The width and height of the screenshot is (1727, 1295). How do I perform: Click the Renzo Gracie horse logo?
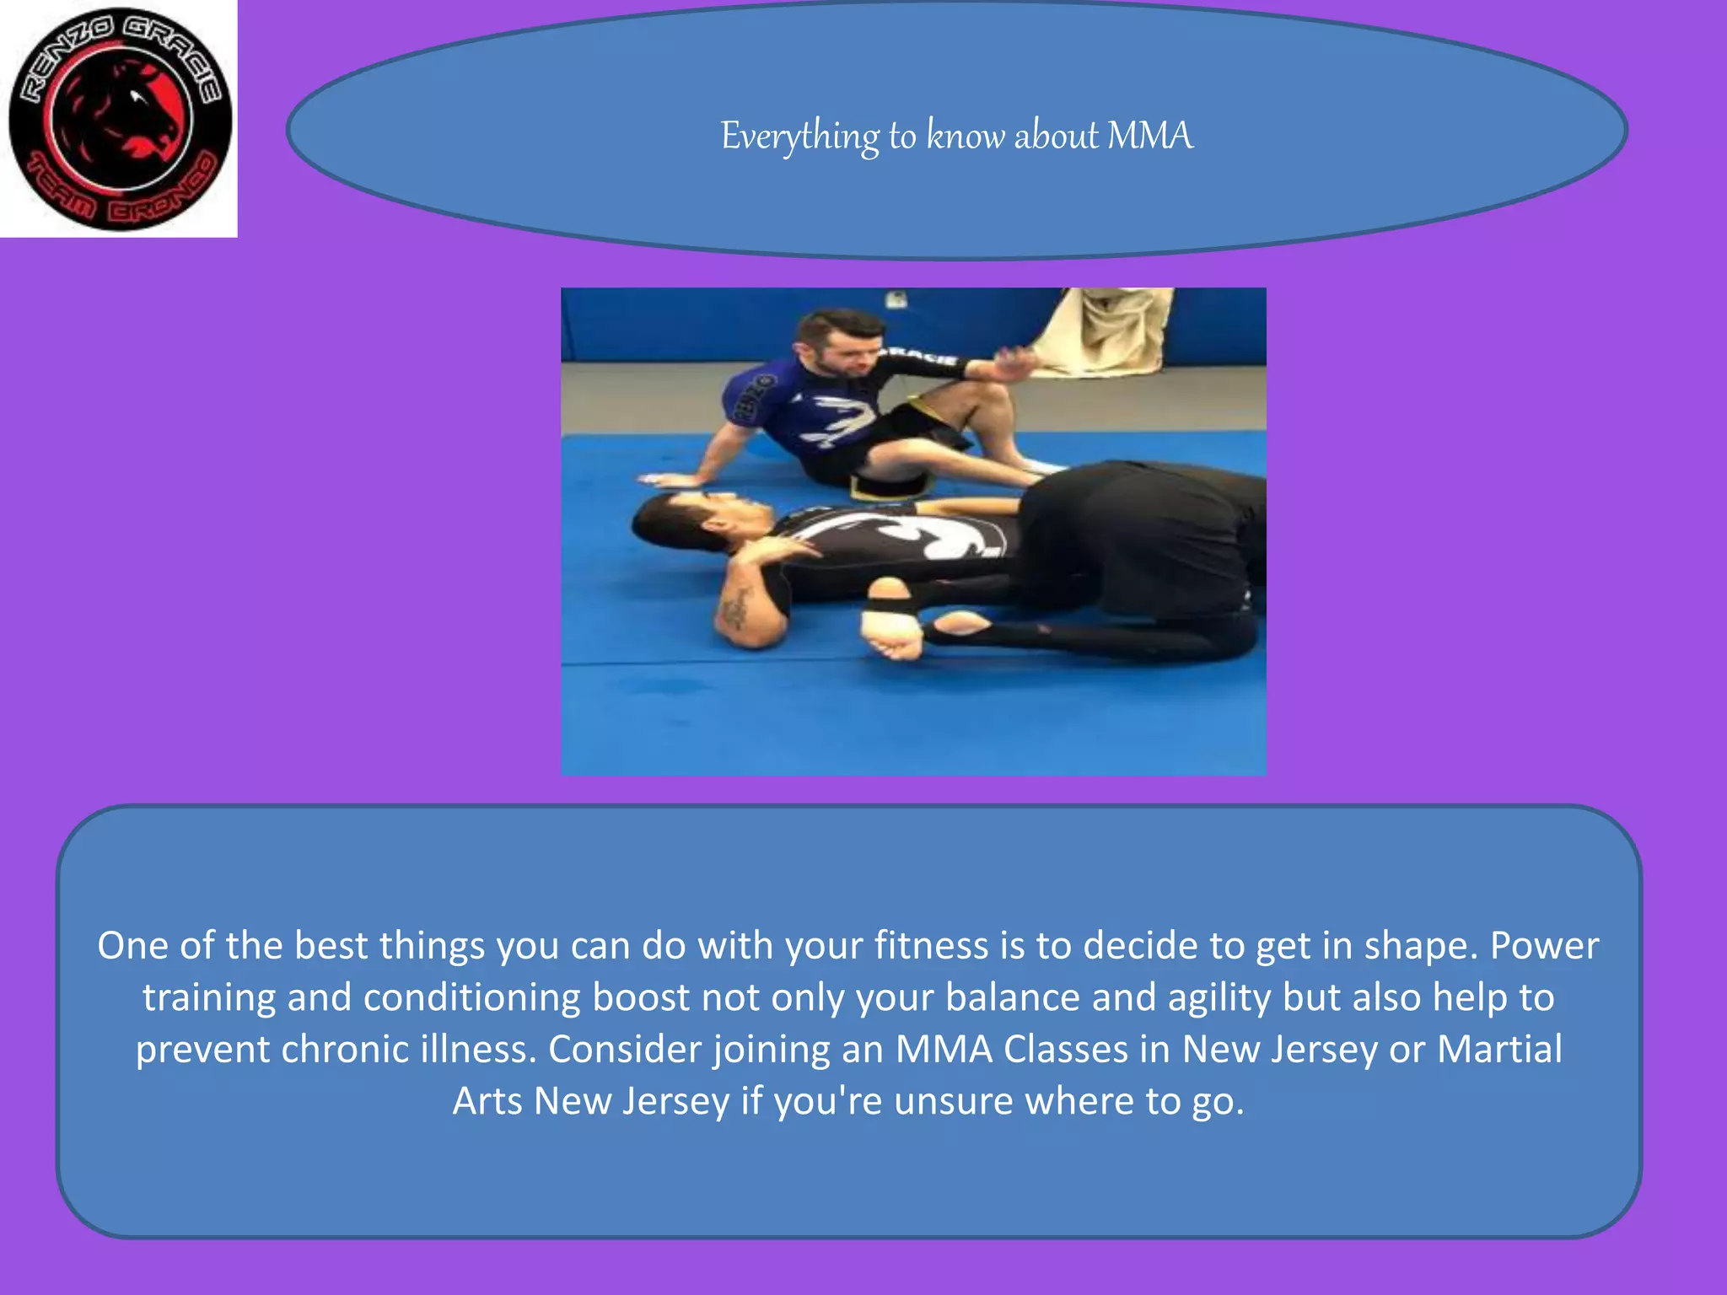pos(119,119)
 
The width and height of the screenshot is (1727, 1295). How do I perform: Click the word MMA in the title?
pos(1149,136)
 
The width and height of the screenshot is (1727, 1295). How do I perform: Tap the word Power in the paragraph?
pos(1544,946)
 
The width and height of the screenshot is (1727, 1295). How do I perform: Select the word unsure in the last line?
pos(953,1101)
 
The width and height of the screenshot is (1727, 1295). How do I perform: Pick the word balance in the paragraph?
pos(1013,997)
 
